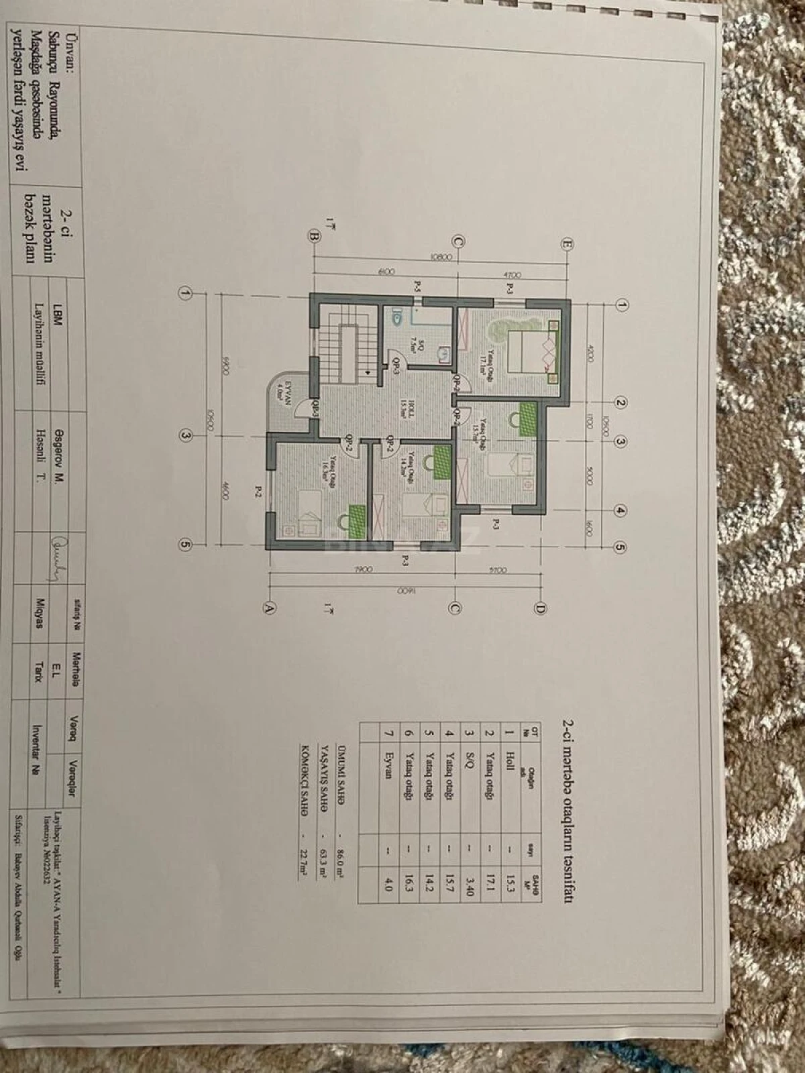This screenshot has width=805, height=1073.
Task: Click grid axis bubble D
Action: point(540,608)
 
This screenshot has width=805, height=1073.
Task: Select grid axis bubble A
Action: point(270,608)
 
